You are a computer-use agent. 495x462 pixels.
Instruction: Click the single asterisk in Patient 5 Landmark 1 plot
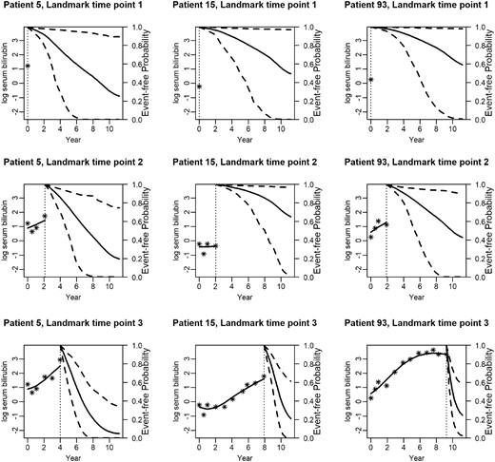[28, 66]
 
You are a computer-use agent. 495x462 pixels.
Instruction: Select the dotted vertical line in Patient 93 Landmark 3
[445, 390]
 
